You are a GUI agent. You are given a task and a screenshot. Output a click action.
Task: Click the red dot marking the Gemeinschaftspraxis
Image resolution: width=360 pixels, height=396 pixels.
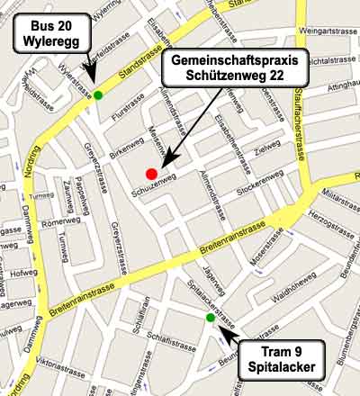(x=151, y=174)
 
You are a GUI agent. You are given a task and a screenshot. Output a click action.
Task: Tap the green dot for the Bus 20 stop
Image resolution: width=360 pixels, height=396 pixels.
(x=97, y=94)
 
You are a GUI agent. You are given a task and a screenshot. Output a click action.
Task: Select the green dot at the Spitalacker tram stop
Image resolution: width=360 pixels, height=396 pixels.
(x=211, y=318)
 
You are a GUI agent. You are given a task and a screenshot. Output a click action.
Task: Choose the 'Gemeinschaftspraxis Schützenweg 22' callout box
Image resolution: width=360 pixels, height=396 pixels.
(x=235, y=68)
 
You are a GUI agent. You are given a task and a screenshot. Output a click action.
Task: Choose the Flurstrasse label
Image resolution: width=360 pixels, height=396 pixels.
(x=127, y=115)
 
